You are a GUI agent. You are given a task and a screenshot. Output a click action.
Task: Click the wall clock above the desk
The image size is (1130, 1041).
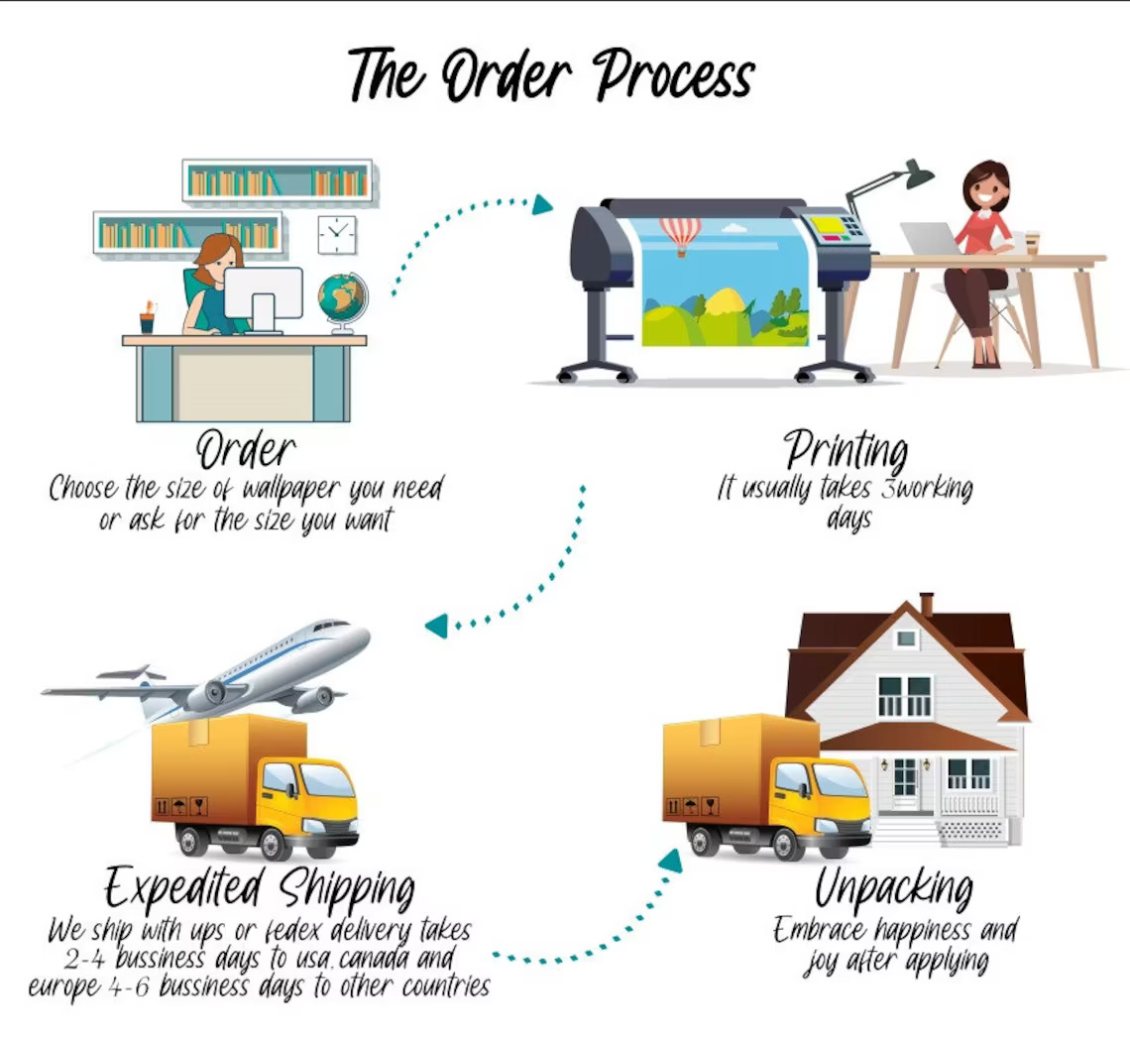(x=337, y=234)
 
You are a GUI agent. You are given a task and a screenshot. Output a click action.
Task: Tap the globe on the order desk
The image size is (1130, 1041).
(x=343, y=302)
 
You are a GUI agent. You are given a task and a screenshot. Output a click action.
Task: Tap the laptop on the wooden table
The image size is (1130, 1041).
(x=931, y=239)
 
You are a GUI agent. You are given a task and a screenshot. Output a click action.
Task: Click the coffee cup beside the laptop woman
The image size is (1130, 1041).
(x=1032, y=243)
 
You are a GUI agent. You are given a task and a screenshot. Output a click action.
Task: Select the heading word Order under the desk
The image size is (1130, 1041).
(x=246, y=450)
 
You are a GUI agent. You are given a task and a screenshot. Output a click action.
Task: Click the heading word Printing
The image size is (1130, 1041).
(x=847, y=450)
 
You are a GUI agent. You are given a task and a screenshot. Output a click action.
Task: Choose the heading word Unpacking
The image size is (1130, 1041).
(x=894, y=888)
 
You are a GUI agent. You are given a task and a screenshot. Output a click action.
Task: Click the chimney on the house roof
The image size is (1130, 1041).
(x=927, y=604)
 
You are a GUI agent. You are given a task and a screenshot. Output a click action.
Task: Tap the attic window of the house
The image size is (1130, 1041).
(x=905, y=638)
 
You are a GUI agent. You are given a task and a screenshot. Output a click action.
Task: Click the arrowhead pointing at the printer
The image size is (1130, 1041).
(x=542, y=204)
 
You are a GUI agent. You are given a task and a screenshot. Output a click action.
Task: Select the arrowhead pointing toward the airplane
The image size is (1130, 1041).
(x=437, y=625)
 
